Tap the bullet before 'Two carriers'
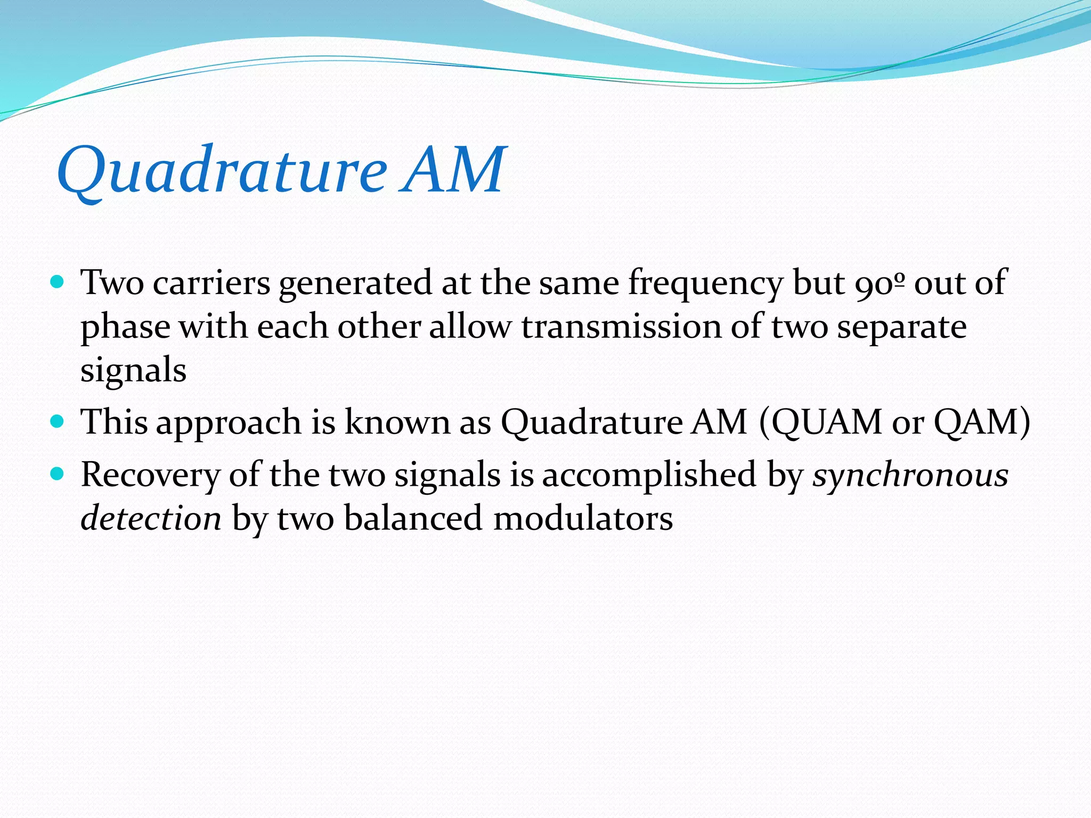[x=56, y=281]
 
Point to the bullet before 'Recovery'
[x=56, y=473]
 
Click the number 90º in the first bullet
[x=879, y=282]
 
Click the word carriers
[x=211, y=282]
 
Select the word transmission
[x=621, y=327]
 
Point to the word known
[x=397, y=422]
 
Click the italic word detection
[x=151, y=518]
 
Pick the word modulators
[x=583, y=518]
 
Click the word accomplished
[x=649, y=476]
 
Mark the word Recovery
[x=150, y=476]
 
